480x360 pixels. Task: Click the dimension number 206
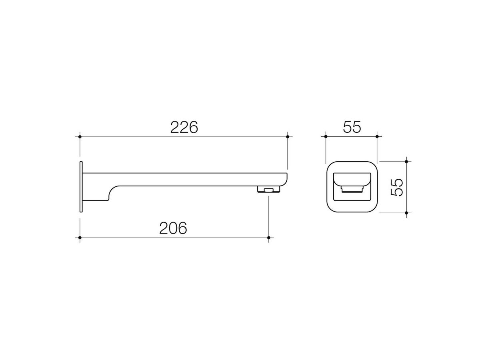173,228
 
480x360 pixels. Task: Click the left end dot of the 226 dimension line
80,137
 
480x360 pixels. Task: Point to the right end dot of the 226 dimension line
288,137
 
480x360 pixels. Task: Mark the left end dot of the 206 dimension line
80,238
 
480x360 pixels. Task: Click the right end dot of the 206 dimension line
269,238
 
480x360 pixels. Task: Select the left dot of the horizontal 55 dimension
326,137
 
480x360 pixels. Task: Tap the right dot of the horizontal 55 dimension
377,137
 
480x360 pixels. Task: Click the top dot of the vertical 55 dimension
406,162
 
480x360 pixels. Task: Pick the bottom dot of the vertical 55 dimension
406,212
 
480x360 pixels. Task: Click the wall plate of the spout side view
81,186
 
